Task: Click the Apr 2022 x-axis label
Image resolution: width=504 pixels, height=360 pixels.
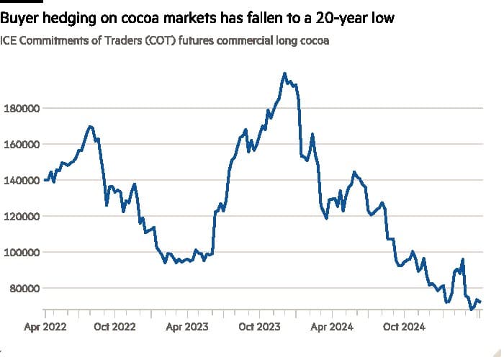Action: tap(45, 326)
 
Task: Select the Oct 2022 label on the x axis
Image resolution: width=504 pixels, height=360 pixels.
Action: tap(114, 326)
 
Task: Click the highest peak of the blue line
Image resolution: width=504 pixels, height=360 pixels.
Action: tap(285, 73)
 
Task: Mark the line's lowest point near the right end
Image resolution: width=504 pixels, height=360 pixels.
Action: tap(472, 310)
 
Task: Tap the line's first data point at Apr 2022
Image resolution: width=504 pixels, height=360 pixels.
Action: tap(45, 180)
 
